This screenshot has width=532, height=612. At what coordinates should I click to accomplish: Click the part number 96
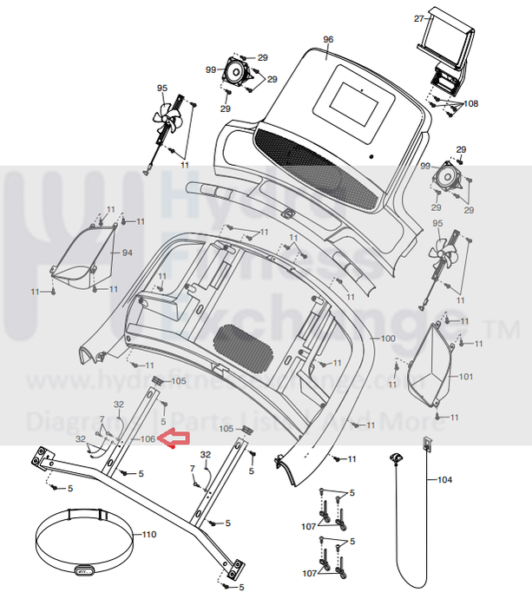(328, 40)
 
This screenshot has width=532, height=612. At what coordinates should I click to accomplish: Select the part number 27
(418, 18)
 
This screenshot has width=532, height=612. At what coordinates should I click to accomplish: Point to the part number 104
(444, 479)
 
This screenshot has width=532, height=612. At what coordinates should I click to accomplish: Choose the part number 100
(387, 338)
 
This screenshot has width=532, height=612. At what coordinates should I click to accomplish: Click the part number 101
(466, 376)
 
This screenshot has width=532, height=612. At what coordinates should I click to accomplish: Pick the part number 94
(127, 253)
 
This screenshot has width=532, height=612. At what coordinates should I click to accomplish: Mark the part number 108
(471, 103)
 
